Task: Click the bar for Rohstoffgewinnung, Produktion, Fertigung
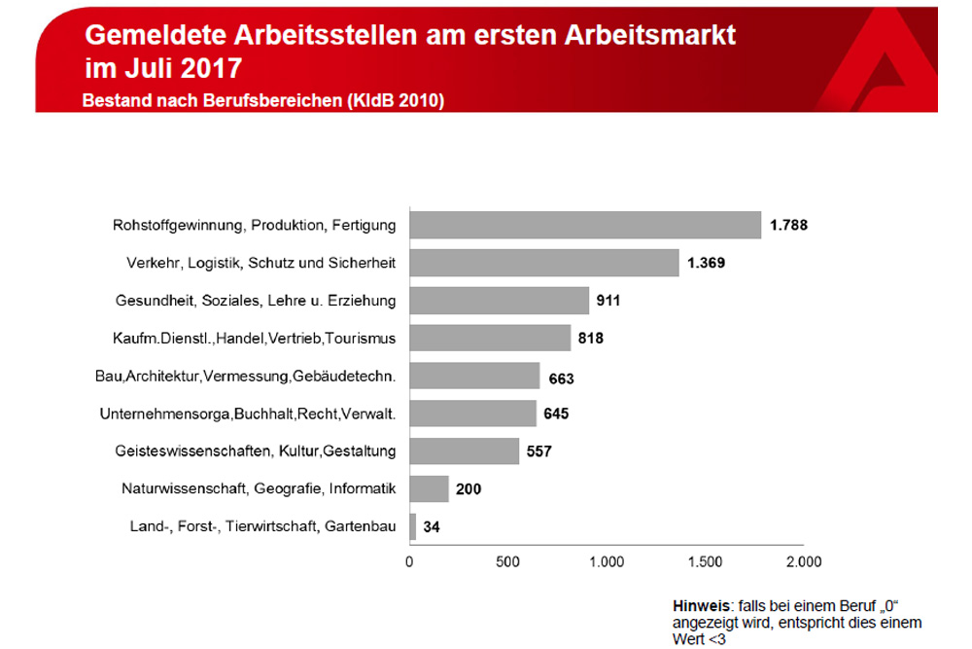coord(585,225)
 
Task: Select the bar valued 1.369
coord(544,263)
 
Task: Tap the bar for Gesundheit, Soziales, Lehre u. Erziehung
coord(500,301)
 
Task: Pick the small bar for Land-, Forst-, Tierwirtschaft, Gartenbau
coord(413,527)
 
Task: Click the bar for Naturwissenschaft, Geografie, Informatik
coord(430,488)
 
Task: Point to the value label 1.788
coord(788,225)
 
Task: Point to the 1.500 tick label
coord(706,561)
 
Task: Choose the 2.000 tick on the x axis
coord(803,561)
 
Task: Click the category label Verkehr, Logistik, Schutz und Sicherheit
coord(261,263)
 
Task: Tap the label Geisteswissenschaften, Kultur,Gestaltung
coord(255,451)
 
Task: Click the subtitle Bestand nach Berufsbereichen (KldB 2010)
coord(262,100)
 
